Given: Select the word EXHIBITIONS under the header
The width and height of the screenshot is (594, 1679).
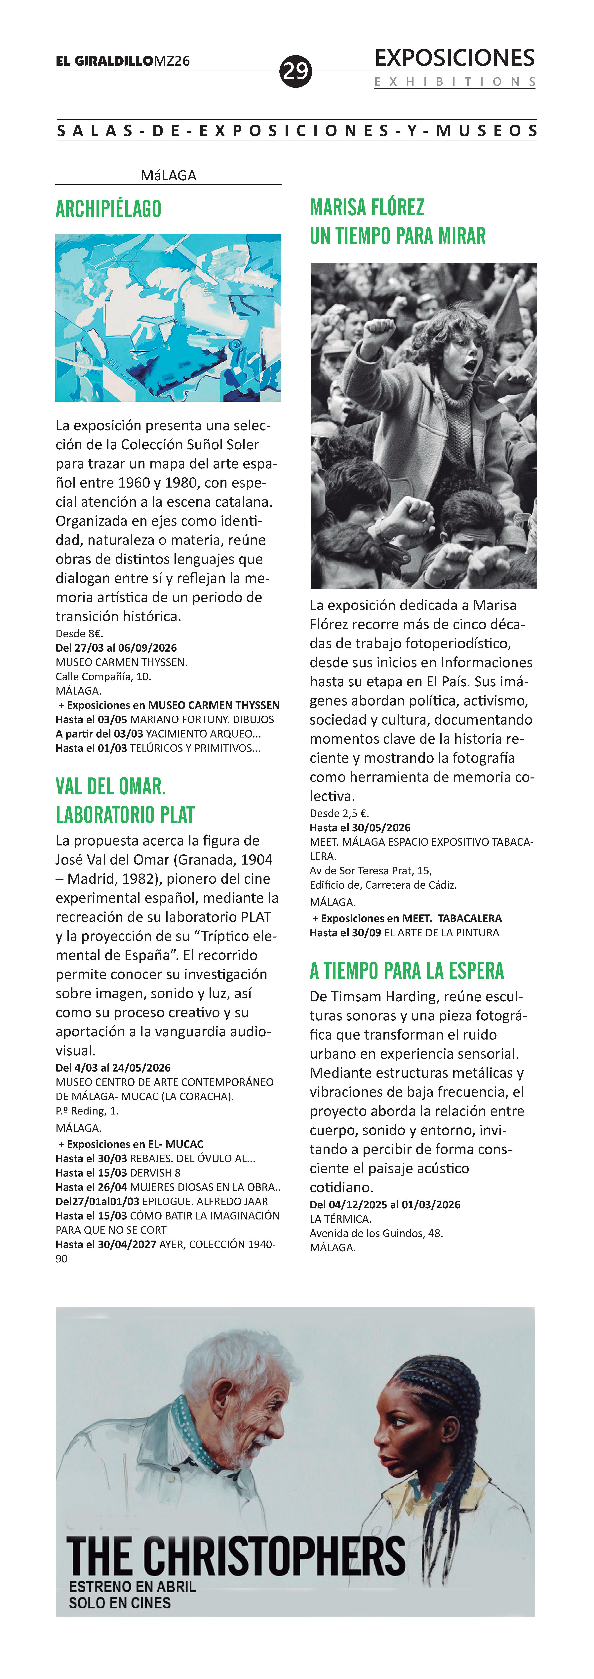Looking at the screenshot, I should tap(455, 82).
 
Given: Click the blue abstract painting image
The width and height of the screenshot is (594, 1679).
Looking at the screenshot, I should tap(168, 317).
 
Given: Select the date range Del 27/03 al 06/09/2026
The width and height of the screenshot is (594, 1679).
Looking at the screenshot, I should tap(116, 648).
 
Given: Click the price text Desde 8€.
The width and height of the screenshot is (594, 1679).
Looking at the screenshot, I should tap(80, 634).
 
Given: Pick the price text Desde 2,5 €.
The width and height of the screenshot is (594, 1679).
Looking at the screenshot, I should tap(339, 813).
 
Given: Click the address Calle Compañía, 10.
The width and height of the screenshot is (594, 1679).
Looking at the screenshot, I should tap(103, 677).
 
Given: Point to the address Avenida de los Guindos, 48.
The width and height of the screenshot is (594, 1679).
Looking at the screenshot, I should tap(376, 1233).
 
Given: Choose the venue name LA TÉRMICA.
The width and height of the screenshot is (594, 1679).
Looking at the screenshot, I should tap(340, 1219).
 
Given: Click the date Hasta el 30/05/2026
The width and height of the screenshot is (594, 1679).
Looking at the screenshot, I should tap(360, 828).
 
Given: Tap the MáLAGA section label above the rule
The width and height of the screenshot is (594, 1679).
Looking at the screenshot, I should tap(168, 175).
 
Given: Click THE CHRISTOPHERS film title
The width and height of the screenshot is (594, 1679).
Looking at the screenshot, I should tap(236, 1557).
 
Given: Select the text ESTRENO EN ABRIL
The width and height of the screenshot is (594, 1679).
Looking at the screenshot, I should tap(132, 1587).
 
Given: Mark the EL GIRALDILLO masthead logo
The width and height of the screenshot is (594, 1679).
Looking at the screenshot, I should tap(104, 61).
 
